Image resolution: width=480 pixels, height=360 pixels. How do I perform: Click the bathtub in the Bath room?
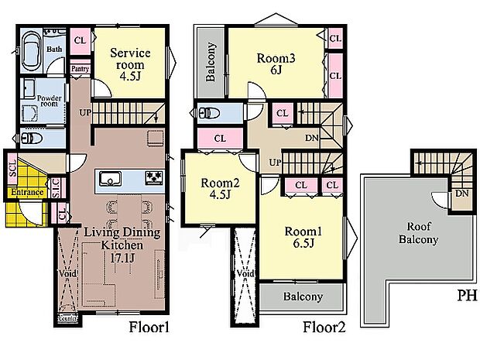[x=32, y=51]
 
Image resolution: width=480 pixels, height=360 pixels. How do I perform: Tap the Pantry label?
[x=81, y=69]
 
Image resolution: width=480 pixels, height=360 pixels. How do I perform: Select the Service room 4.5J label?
[x=130, y=64]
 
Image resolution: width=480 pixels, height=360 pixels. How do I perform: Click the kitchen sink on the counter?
[x=110, y=179]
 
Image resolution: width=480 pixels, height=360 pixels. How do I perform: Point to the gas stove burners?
[x=154, y=177]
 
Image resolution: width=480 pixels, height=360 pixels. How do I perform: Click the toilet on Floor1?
[x=32, y=138]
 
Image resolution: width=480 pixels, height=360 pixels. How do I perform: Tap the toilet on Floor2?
[x=209, y=114]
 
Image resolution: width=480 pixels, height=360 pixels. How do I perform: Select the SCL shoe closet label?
[x=12, y=169]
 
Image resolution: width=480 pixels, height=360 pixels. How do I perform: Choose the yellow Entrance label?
[x=27, y=192]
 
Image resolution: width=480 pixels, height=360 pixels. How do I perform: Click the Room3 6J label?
[x=276, y=63]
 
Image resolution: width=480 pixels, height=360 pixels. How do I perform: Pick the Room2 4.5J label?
[x=220, y=188]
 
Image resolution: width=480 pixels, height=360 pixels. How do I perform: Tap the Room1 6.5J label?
[x=303, y=237]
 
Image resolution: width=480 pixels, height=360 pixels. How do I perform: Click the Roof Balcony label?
[x=419, y=233]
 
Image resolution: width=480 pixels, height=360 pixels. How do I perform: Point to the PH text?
[x=467, y=296]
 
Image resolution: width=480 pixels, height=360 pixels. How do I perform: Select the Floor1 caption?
[x=149, y=327]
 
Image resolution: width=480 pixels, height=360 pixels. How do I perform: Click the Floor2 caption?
[x=324, y=327]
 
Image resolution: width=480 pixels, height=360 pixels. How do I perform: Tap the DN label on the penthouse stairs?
[x=462, y=194]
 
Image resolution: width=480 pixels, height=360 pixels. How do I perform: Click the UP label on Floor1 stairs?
[x=85, y=113]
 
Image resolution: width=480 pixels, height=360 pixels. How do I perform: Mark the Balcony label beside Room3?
[x=211, y=63]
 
